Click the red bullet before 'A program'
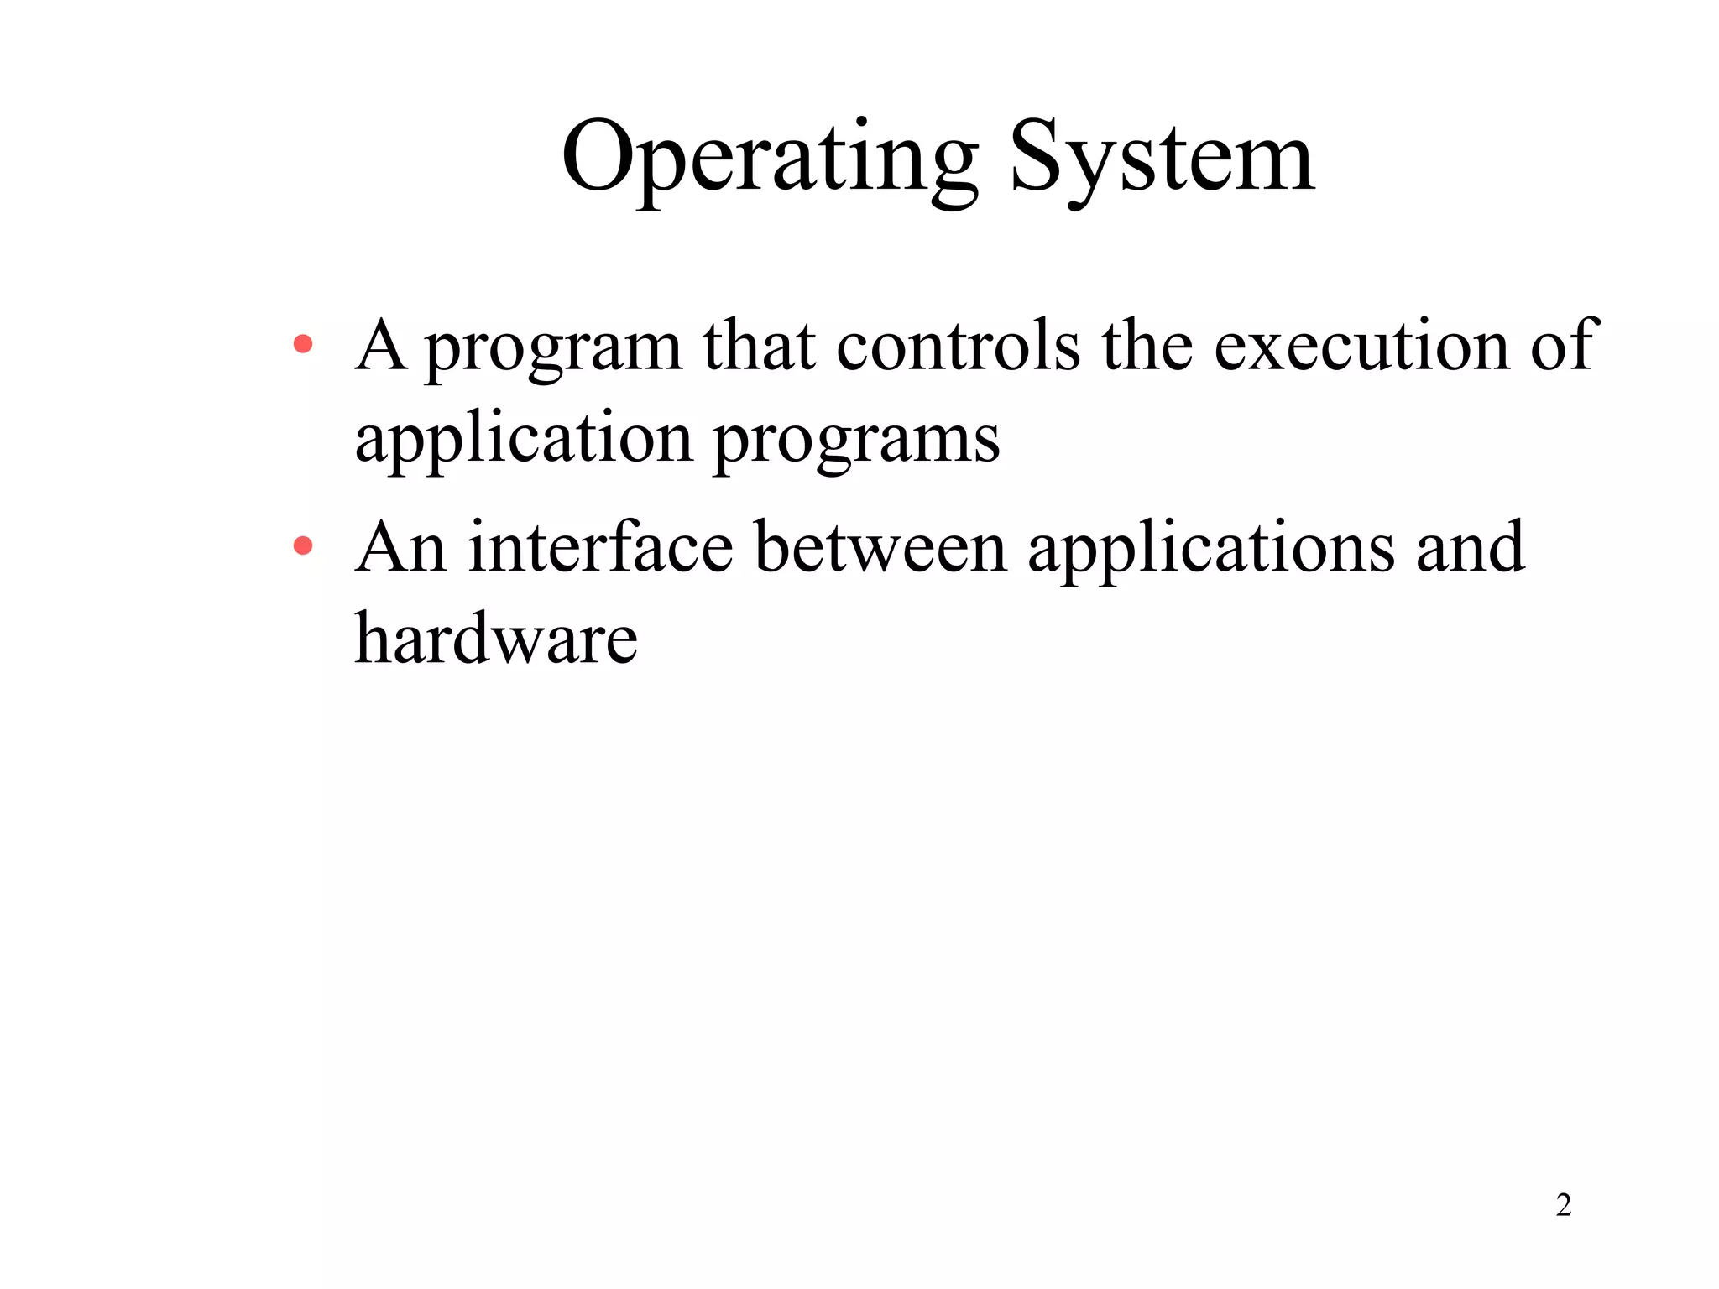[x=303, y=344]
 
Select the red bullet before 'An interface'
[x=303, y=547]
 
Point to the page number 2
[x=1563, y=1205]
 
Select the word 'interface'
[x=600, y=547]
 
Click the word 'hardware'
[x=496, y=639]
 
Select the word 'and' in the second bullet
[x=1470, y=547]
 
